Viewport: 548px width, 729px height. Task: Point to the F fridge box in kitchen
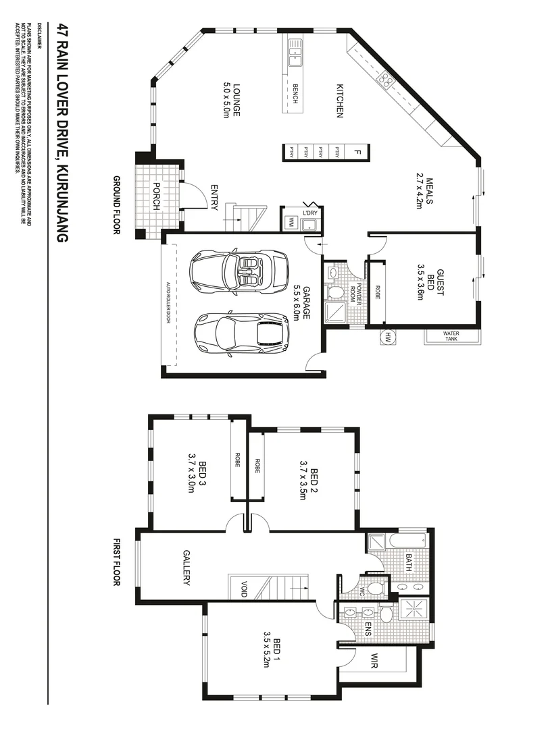click(357, 152)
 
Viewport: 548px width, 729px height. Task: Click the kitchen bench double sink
click(295, 53)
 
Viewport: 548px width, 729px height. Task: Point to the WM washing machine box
click(291, 221)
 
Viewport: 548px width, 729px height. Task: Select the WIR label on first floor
click(374, 661)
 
